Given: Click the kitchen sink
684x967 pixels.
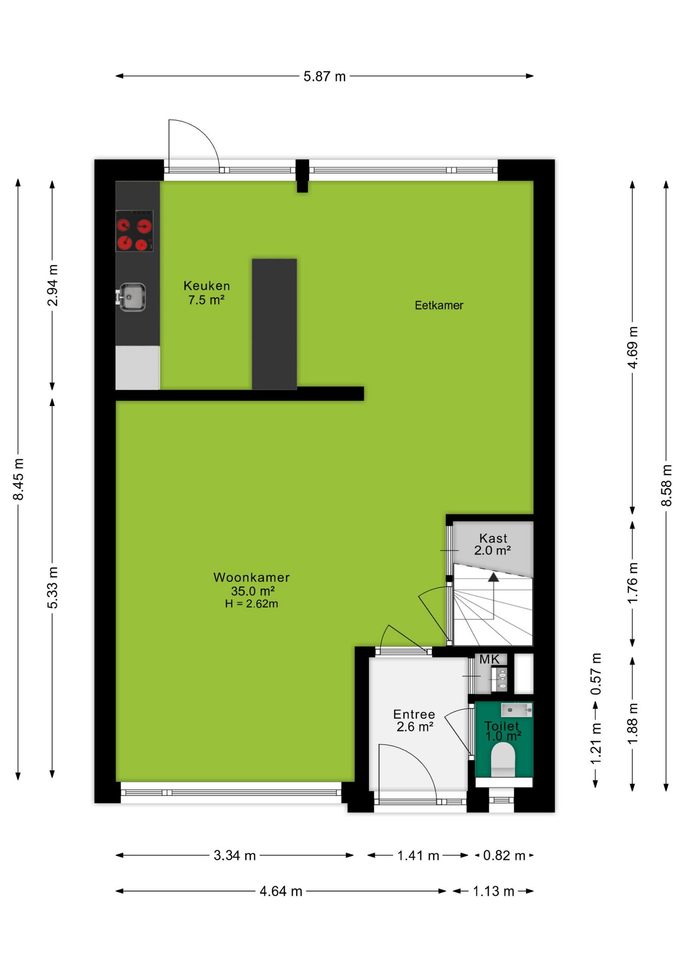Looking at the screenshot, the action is click(132, 297).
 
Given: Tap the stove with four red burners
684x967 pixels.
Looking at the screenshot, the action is click(134, 231).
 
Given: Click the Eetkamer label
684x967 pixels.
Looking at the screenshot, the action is click(439, 305).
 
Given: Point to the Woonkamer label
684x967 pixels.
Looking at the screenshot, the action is click(251, 577).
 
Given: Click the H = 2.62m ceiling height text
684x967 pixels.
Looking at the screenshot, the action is click(251, 604).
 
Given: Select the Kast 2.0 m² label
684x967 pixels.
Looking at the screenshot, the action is click(493, 544).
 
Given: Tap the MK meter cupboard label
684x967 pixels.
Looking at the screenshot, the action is click(489, 659).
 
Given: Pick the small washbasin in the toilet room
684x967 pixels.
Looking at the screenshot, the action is click(516, 710).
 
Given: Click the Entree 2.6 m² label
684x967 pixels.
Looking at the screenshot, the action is click(414, 721).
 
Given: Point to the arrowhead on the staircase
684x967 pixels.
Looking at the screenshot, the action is click(494, 577).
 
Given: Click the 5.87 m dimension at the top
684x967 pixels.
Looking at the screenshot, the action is click(324, 77).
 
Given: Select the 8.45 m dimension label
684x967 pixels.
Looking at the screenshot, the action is click(18, 479).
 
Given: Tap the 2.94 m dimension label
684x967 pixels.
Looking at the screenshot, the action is click(52, 285).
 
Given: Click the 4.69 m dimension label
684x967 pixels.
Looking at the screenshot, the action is click(633, 347).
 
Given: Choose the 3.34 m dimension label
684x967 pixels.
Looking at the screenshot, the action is click(235, 856).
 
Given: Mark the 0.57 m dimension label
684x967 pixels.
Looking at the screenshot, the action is click(596, 674).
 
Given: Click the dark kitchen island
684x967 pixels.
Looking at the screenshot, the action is click(275, 324).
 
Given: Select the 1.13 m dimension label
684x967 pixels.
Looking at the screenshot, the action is click(494, 891).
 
